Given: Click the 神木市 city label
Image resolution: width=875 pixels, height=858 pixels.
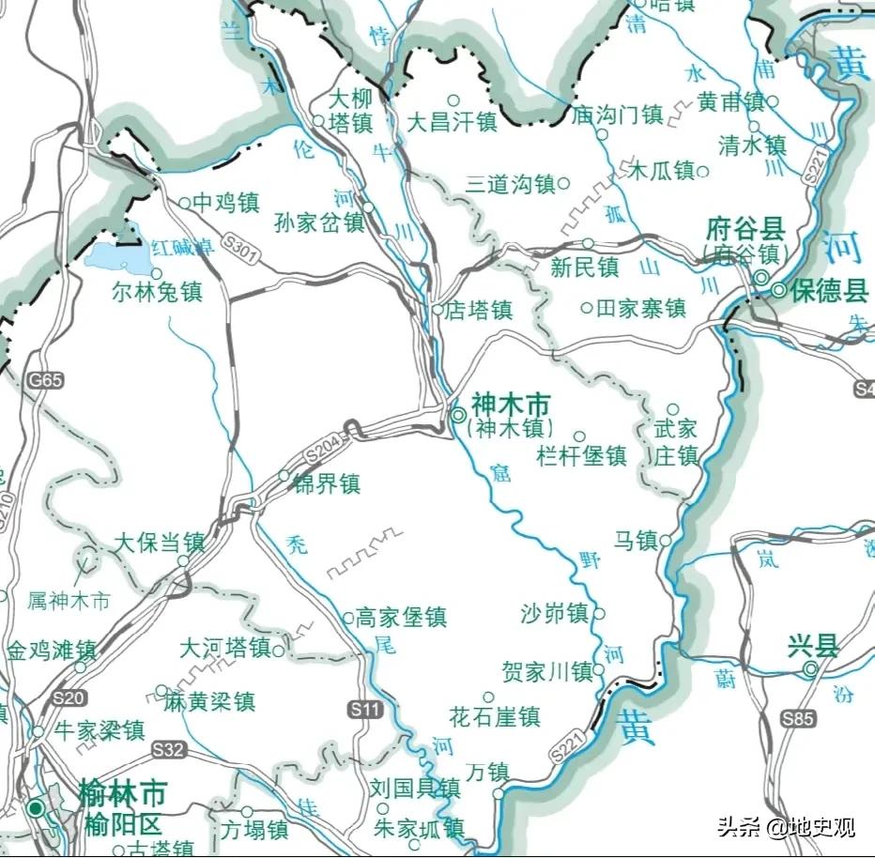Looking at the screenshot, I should [511, 406].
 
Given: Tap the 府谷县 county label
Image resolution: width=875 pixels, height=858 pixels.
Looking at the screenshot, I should [745, 228].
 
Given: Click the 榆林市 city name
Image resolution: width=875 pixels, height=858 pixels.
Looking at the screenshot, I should [123, 793].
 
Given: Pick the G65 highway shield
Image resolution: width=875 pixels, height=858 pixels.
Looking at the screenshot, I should [45, 380].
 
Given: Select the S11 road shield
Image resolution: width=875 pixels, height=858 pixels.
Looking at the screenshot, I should [365, 710].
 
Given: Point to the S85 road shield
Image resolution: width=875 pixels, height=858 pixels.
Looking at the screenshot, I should [798, 719].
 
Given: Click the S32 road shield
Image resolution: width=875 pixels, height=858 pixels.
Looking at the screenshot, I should [168, 749].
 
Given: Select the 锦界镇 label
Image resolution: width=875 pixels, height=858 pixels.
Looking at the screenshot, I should [327, 484].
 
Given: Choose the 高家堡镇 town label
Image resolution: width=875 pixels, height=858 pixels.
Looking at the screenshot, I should [401, 617].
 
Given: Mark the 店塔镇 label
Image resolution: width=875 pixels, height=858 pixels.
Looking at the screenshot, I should [479, 309].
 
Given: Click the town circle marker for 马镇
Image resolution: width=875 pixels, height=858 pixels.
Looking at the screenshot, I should [666, 540].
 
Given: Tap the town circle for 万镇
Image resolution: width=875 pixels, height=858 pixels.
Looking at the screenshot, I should [499, 793].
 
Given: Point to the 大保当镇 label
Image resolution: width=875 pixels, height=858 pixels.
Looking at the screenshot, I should [160, 543].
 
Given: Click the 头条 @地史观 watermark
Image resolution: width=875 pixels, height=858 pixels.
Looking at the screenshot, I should [787, 827].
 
